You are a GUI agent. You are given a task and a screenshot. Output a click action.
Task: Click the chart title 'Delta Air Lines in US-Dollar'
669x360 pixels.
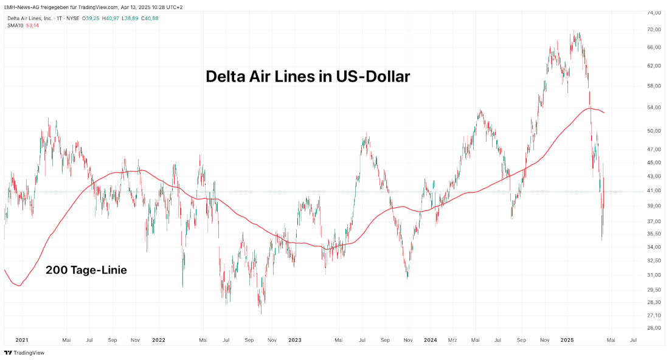308,77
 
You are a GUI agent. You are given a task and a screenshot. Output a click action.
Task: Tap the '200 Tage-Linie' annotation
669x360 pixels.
86,270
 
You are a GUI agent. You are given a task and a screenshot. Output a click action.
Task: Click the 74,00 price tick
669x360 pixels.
654,12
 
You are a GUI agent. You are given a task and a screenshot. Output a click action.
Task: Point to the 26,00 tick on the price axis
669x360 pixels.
654,328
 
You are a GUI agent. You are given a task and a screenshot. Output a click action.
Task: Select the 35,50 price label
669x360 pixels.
654,234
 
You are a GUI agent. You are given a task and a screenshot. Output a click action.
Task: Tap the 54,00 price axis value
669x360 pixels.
654,108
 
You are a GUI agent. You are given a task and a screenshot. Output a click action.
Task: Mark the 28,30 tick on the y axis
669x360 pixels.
654,302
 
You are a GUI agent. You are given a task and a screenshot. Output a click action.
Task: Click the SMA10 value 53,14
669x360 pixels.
32,25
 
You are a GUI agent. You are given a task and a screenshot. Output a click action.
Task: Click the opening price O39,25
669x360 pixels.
92,18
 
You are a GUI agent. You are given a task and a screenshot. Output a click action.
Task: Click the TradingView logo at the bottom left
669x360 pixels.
24,353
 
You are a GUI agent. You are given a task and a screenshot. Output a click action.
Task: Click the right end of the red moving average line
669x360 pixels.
604,112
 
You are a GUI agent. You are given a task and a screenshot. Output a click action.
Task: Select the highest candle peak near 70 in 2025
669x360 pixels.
573,31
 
